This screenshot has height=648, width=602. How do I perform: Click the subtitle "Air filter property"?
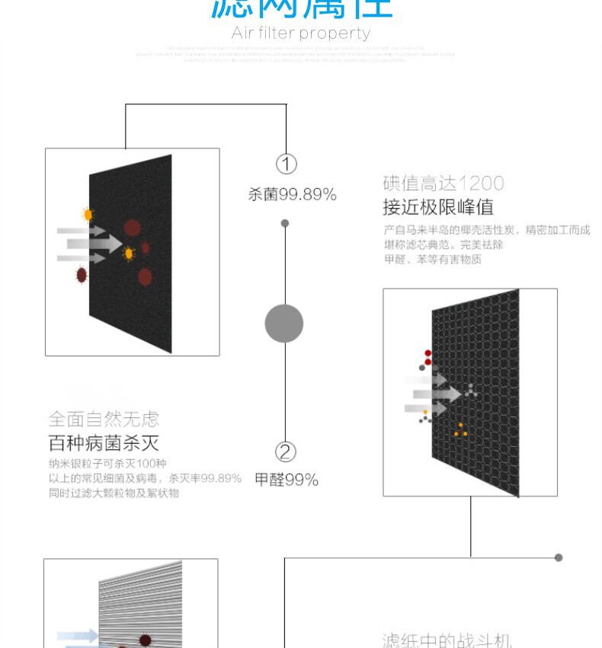(x=301, y=34)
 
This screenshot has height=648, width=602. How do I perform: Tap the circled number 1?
(x=286, y=164)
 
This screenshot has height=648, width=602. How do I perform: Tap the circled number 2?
(x=285, y=452)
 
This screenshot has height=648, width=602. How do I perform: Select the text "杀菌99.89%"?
(x=292, y=195)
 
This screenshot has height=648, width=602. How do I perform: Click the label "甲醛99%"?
(x=287, y=480)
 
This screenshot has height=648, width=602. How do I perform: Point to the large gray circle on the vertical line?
(x=284, y=323)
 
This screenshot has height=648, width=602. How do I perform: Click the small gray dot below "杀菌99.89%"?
(x=285, y=223)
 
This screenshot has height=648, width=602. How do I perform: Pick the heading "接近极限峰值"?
(x=437, y=207)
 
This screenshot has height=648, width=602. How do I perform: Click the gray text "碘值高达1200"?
(x=443, y=184)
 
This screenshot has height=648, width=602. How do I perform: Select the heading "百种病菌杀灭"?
(x=104, y=443)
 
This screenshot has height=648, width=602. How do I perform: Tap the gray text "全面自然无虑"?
(x=104, y=419)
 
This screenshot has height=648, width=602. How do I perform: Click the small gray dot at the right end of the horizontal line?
(x=559, y=557)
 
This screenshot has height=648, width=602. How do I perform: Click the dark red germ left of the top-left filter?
(x=82, y=274)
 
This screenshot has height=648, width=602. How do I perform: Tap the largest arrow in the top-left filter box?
(x=94, y=244)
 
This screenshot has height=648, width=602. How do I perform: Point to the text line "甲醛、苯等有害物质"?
(x=433, y=260)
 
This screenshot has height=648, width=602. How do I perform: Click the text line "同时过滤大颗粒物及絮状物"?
(x=114, y=493)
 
